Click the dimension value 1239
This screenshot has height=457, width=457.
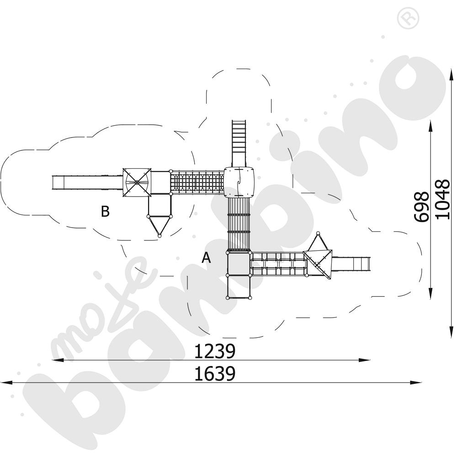pos(215,351)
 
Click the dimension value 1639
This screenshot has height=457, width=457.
pos(215,374)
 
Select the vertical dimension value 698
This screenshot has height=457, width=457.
pos(421,207)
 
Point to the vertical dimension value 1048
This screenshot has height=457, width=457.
pos(442,200)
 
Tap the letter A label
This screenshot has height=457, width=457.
pos(207,258)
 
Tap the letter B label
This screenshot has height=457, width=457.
pos(106,212)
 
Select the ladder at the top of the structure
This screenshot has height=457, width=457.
pos(239,142)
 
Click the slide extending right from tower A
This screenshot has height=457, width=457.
pos(351,263)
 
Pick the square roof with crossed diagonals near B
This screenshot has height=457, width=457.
pos(137,182)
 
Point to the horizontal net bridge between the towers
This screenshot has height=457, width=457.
pos(197,182)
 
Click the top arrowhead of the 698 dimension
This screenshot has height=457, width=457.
pos(431,124)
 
